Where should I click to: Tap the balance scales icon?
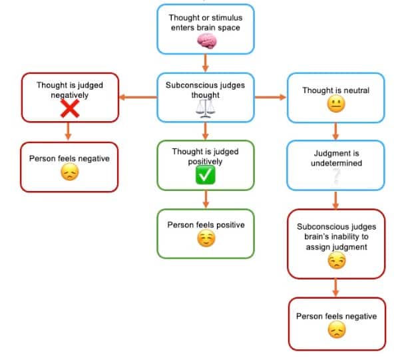click(205, 108)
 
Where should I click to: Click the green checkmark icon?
click(205, 176)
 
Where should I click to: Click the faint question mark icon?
click(335, 175)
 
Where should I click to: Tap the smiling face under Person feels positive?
click(206, 240)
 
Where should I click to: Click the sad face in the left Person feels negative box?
click(69, 174)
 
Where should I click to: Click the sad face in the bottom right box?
click(336, 331)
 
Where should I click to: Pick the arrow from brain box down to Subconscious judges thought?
click(206, 63)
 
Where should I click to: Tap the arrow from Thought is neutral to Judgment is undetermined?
click(335, 132)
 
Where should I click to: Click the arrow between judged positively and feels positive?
click(206, 199)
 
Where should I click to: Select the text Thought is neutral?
click(335, 90)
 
